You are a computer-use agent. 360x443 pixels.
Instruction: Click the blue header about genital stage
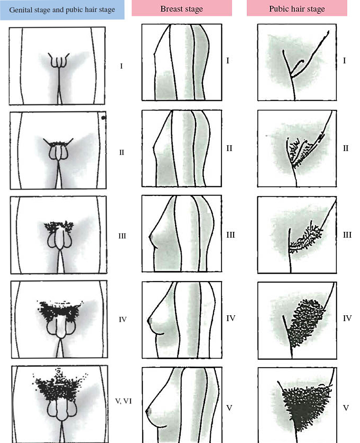pos(62,10)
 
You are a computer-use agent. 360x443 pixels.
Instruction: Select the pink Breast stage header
pos(182,8)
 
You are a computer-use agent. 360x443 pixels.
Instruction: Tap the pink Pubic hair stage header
pos(297,8)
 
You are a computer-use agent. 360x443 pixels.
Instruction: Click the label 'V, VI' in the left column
pos(124,401)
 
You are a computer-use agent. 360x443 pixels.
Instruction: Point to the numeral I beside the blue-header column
pos(121,66)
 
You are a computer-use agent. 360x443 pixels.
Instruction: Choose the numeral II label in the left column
pos(121,152)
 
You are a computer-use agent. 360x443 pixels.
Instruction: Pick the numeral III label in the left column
pos(122,236)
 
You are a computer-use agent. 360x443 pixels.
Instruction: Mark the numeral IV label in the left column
pos(123,319)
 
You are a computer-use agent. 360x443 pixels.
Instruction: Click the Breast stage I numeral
pos(228,61)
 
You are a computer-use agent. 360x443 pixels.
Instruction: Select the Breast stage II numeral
pos(229,148)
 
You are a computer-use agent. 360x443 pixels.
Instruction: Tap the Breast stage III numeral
pos(231,235)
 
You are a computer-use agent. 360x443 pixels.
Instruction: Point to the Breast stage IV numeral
pos(231,318)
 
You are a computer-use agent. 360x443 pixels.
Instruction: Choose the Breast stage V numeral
pos(229,408)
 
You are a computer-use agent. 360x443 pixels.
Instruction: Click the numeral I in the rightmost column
pos(345,61)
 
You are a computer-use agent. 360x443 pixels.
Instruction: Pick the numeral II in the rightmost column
pos(346,148)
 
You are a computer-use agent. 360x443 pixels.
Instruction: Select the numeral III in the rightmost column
pos(347,235)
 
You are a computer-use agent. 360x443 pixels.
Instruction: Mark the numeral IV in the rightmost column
pos(347,318)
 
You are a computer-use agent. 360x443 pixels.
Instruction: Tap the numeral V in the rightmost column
pos(346,408)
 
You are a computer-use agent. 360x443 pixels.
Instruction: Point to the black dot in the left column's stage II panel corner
pos(104,118)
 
